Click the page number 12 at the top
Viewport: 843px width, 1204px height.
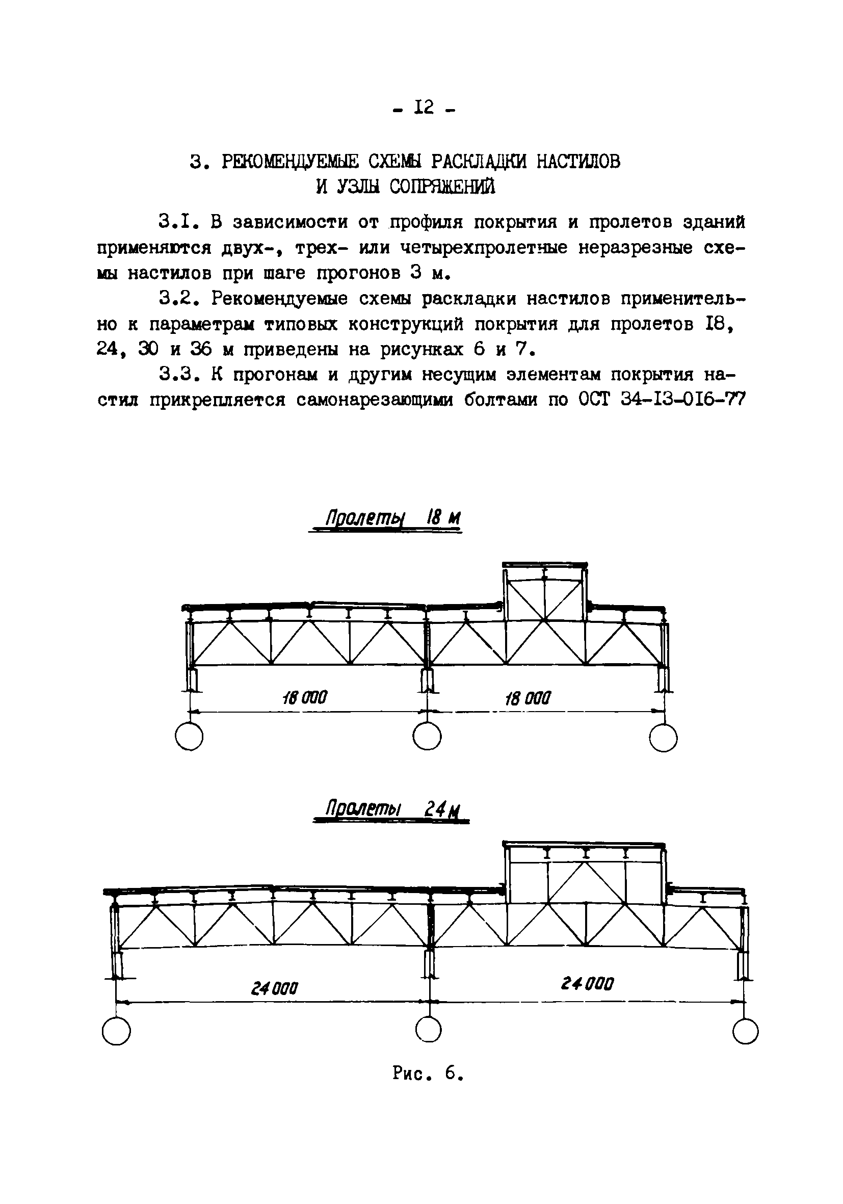423,108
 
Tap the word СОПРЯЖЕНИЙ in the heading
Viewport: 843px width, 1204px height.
442,187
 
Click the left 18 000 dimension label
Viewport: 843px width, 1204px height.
305,697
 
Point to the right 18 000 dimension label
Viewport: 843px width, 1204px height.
528,698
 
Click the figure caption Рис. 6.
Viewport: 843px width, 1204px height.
428,1074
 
